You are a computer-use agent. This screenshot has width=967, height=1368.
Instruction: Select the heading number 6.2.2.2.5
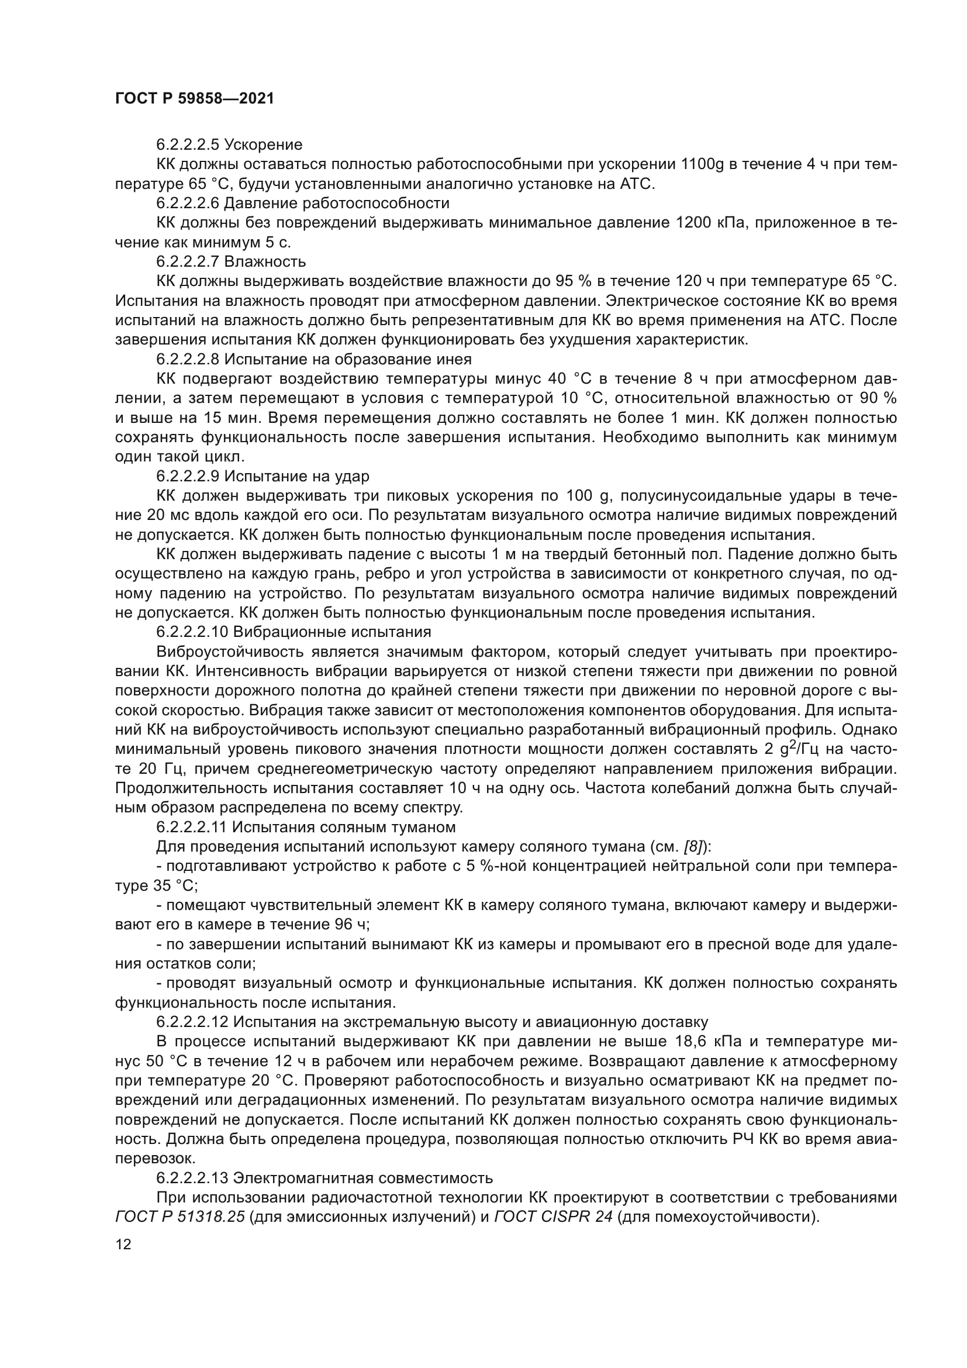pos(188,145)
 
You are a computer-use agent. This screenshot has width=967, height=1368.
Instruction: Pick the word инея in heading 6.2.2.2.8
pos(453,359)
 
